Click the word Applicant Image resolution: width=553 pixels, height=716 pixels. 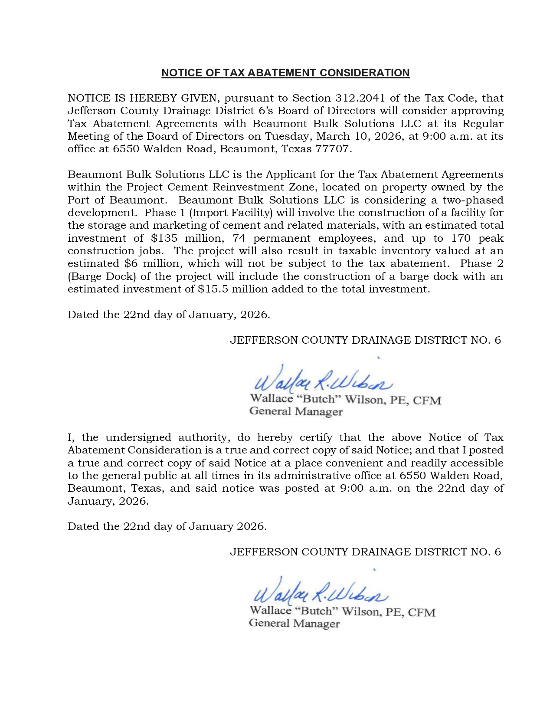[x=288, y=174]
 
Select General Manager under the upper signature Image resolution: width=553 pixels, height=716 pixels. [x=296, y=411]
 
